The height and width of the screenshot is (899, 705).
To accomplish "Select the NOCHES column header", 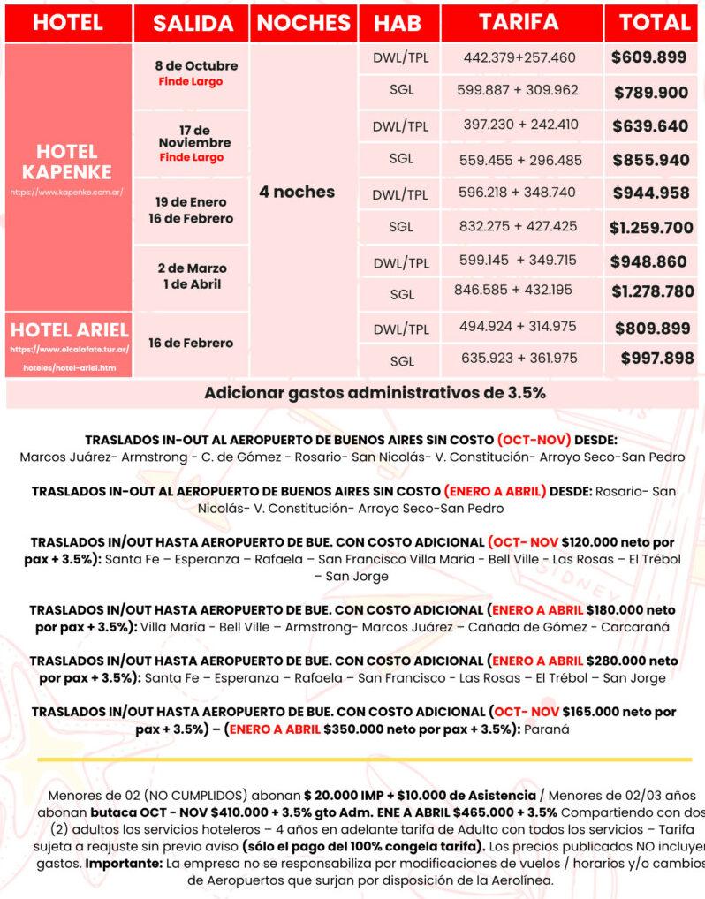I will coord(303,24).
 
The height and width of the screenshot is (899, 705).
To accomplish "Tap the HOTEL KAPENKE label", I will coord(67,161).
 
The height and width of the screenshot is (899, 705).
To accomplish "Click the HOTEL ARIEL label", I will coord(69,330).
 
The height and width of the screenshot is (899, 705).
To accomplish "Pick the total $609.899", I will coord(649,57).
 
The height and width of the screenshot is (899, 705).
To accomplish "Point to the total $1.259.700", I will coord(651,227).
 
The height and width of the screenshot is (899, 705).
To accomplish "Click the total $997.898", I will coord(656,358).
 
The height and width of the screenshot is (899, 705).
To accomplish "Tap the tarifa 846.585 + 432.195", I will coord(513,289).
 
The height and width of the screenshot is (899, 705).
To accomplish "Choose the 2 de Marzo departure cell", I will coord(191,268).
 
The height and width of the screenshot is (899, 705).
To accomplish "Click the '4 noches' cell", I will coord(297,191).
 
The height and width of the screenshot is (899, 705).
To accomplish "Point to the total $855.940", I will coord(650,160).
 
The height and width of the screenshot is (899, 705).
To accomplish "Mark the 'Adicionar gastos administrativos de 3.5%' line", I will coord(375,392).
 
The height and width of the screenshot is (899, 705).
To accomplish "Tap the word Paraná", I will coord(547,729).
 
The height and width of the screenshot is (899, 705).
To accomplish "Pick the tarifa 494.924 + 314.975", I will coord(518,326).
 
